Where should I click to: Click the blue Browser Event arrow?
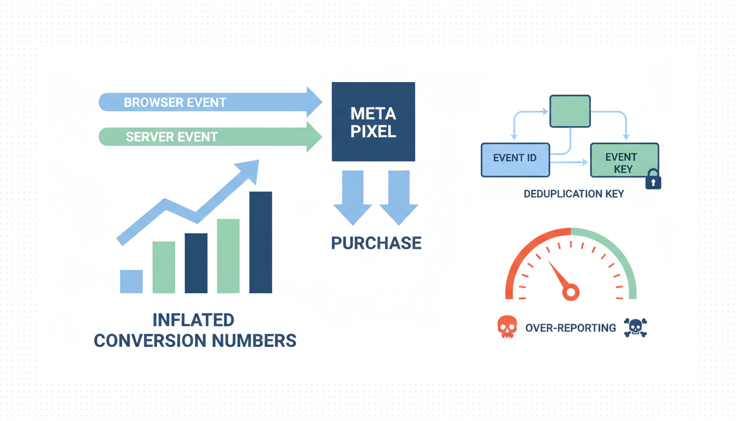(x=208, y=102)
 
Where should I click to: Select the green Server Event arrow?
(x=208, y=136)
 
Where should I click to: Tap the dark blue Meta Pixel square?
(x=373, y=122)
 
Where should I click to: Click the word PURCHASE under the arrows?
(x=376, y=243)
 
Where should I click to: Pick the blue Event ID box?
(x=515, y=160)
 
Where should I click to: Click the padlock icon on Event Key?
(x=653, y=180)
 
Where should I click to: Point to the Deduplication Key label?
(x=574, y=194)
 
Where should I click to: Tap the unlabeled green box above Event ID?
(x=570, y=111)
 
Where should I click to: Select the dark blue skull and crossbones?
(x=635, y=327)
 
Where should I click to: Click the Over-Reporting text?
(x=570, y=328)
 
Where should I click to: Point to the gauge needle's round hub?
(x=571, y=292)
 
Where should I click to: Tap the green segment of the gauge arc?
(x=619, y=258)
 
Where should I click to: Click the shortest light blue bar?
(x=131, y=281)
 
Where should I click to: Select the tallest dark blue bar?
(x=261, y=242)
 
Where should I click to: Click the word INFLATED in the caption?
(x=193, y=320)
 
